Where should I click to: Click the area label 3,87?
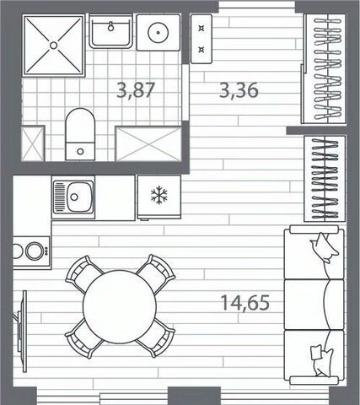[x=136, y=90]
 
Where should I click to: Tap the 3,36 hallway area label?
[x=239, y=90]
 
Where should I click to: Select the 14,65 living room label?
[x=245, y=303]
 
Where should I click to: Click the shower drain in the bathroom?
[x=53, y=45]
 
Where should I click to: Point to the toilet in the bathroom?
[x=80, y=134]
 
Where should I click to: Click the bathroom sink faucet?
[x=111, y=26]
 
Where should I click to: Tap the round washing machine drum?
[x=159, y=32]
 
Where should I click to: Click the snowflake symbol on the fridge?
[x=159, y=195]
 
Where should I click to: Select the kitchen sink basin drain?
[x=74, y=197]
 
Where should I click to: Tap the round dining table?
[x=120, y=306]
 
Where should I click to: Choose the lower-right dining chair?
[x=156, y=337]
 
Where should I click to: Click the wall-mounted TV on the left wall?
[x=23, y=332]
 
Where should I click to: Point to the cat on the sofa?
[x=322, y=362]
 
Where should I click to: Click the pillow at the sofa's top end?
[x=325, y=247]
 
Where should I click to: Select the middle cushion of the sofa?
[x=314, y=305]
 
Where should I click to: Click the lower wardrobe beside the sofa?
[x=325, y=179]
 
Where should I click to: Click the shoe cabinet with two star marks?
[x=201, y=39]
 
